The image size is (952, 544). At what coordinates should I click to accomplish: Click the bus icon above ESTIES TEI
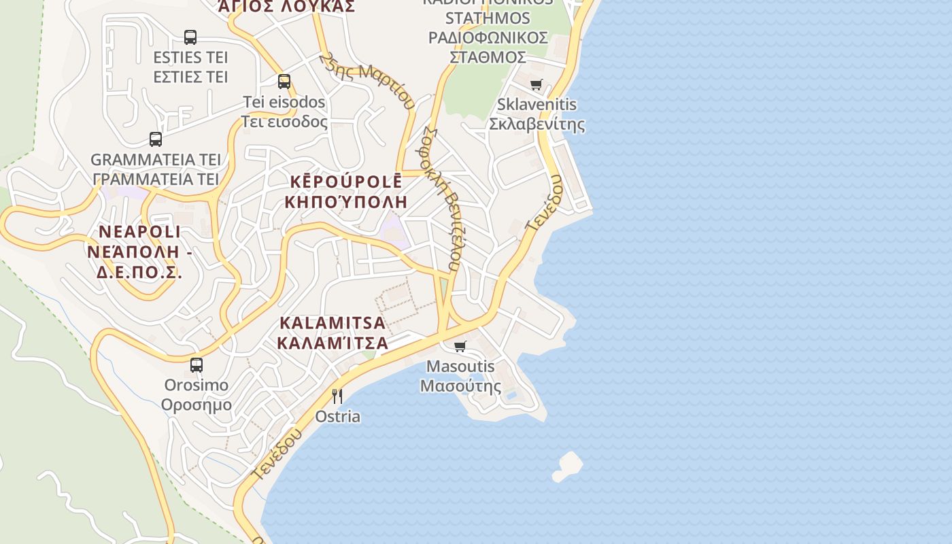[190, 37]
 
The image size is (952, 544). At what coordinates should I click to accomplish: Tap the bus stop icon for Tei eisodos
[284, 82]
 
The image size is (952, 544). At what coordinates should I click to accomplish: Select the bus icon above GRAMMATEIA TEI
[156, 139]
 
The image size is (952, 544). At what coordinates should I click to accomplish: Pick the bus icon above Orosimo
[197, 365]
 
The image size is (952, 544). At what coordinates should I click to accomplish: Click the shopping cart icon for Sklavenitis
[537, 84]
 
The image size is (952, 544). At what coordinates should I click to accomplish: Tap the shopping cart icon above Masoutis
[460, 346]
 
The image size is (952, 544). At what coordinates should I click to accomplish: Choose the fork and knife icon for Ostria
[337, 396]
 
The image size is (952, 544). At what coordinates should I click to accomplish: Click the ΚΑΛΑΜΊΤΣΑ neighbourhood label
[333, 343]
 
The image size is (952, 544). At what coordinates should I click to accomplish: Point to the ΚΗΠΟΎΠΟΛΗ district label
[345, 202]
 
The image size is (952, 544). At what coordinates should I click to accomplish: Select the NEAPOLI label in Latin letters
[140, 231]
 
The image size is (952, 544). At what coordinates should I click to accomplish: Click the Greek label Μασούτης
[460, 386]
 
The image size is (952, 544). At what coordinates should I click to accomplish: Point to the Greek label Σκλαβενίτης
[537, 124]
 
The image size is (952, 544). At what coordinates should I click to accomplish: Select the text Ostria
[337, 416]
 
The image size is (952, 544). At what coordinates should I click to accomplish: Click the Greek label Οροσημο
[197, 405]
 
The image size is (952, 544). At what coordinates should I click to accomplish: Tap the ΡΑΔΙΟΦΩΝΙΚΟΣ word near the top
[488, 37]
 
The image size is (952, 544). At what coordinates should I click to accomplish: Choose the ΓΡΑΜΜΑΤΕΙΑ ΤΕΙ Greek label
[156, 179]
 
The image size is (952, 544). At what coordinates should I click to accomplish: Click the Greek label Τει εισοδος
[284, 122]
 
